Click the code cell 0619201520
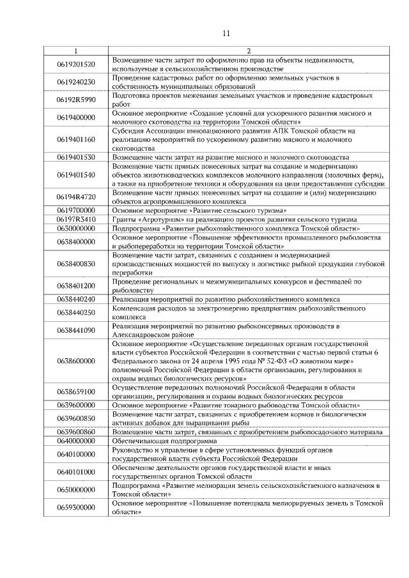[x=76, y=64]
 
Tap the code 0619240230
[x=76, y=82]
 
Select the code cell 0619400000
[x=76, y=118]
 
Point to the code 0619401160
[x=76, y=139]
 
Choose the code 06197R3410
[x=76, y=219]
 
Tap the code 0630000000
[x=76, y=228]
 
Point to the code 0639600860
[x=76, y=432]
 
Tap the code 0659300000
[x=76, y=507]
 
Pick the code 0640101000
[x=76, y=472]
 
